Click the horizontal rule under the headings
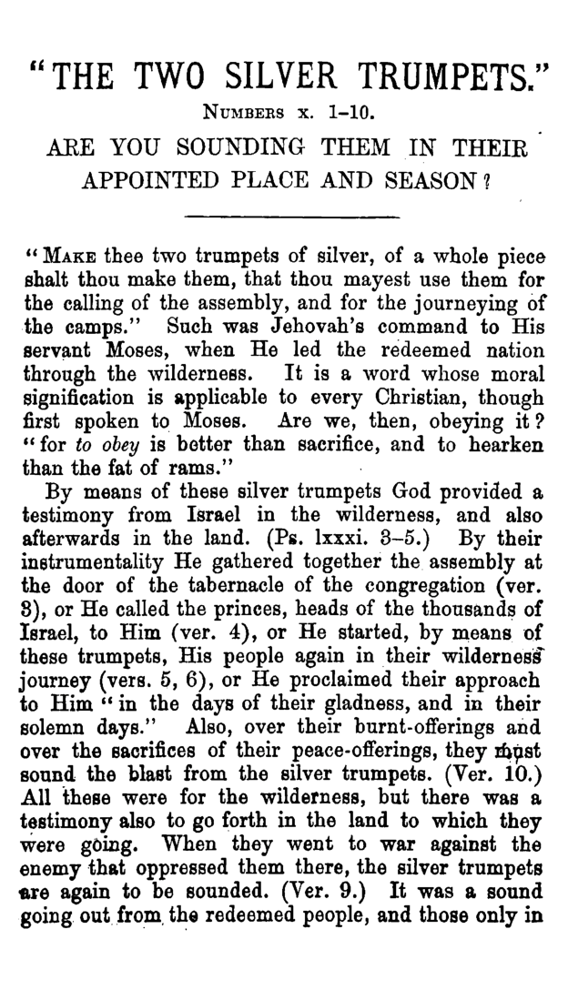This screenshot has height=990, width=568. (291, 217)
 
